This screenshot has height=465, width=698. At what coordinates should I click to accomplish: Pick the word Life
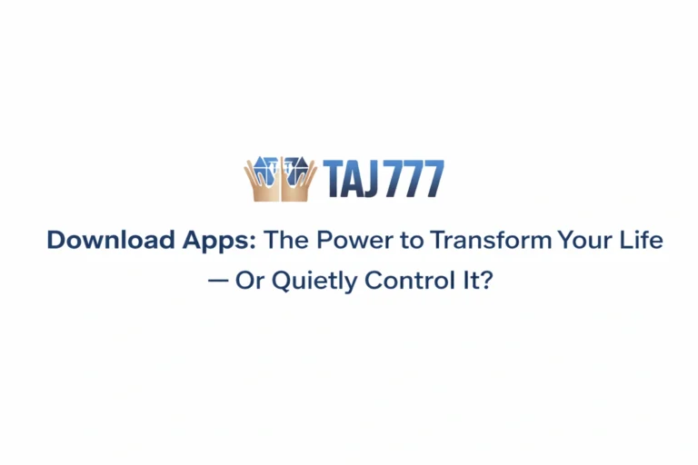642,241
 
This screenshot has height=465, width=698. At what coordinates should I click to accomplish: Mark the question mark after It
486,280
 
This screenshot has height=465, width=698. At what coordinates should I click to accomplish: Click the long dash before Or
217,281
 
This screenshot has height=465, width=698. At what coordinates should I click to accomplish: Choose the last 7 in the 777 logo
435,179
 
